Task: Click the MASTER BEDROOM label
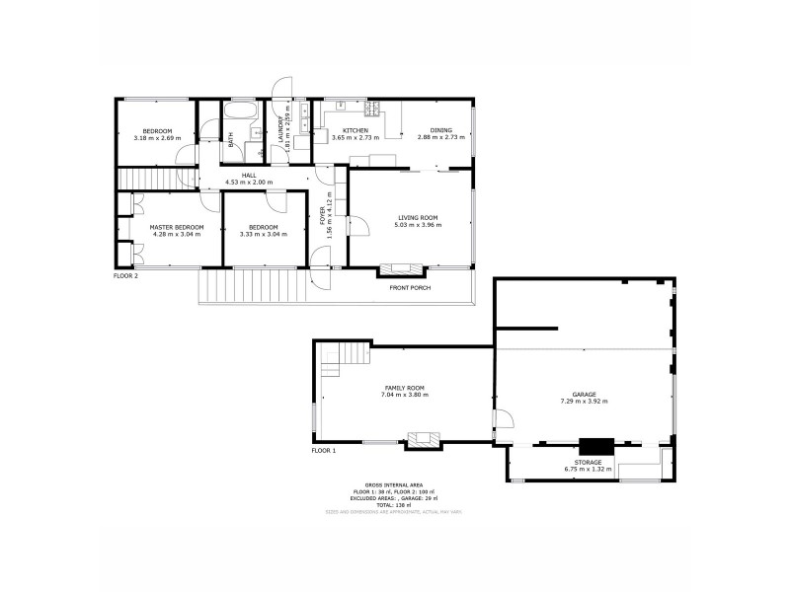click(177, 227)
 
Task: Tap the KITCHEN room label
click(355, 130)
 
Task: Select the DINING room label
click(440, 130)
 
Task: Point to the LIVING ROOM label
click(418, 217)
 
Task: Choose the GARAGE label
click(584, 394)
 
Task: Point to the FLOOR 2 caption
click(125, 276)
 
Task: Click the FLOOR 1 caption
click(324, 450)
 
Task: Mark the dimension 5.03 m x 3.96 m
click(418, 225)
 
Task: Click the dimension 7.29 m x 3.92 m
click(584, 402)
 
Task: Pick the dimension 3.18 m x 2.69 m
click(157, 138)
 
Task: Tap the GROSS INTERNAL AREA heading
click(394, 485)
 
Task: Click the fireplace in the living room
click(403, 266)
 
